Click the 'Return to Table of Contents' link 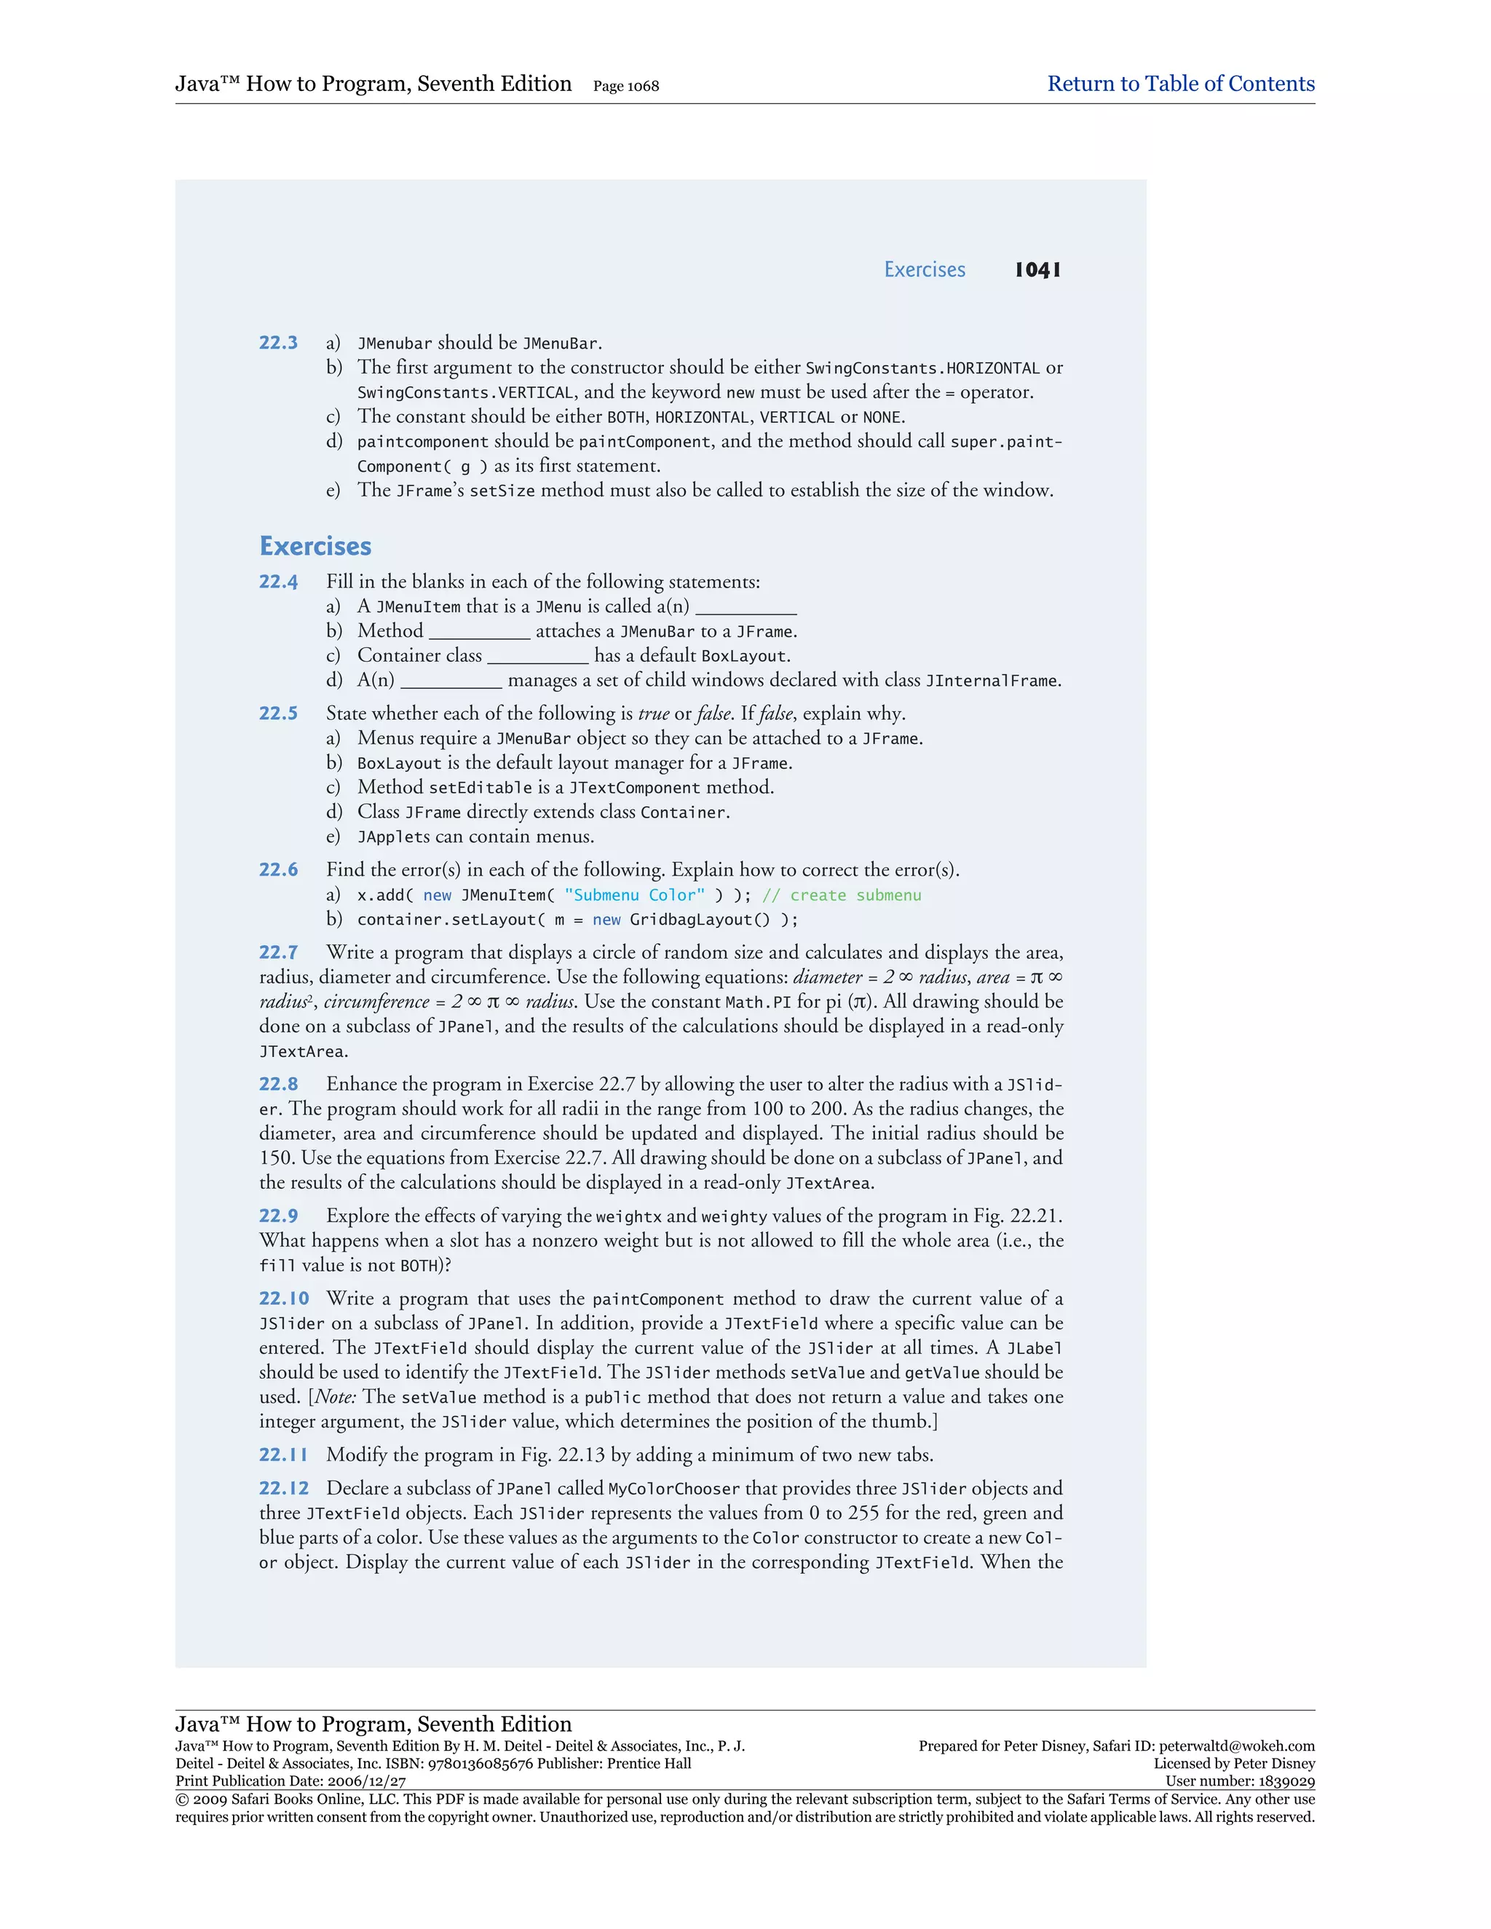1180,84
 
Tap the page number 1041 1038,269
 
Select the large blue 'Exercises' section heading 315,546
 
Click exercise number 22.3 278,343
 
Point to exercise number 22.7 278,952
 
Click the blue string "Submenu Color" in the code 634,895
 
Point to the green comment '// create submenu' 841,895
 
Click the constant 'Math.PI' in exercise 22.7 758,1002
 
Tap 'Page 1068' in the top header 626,86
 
